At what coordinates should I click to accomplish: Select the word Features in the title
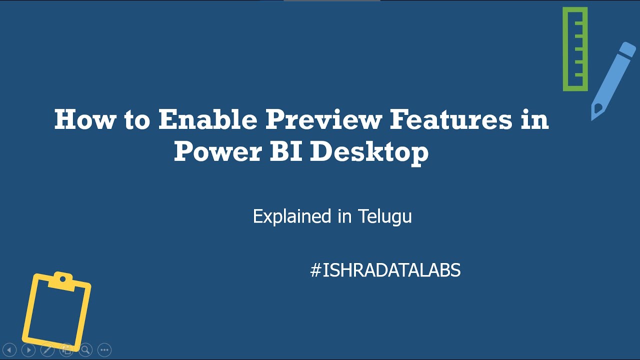pos(451,120)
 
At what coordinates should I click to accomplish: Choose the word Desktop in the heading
pos(369,151)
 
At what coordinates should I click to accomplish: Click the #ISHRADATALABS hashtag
pos(385,270)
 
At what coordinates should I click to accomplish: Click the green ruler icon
pos(575,49)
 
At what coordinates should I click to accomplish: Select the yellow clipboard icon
pos(56,310)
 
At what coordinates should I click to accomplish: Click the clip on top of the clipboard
pos(62,278)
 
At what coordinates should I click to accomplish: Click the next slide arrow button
pos(28,350)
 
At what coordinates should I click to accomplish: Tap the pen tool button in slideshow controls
pos(47,350)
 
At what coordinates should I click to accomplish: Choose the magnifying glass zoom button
pos(85,350)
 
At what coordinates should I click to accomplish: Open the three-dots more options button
pos(104,350)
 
